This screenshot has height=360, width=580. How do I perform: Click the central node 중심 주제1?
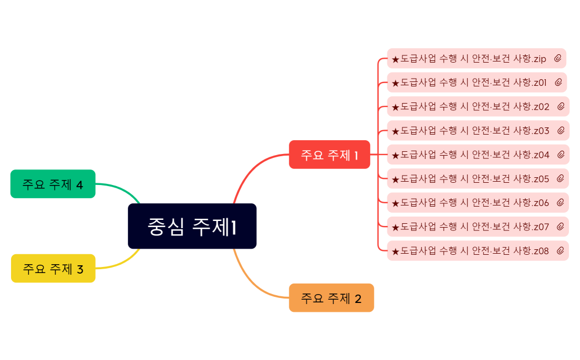(x=192, y=226)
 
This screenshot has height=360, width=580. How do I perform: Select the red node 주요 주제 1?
(x=329, y=155)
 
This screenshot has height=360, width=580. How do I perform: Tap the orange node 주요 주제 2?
(x=331, y=298)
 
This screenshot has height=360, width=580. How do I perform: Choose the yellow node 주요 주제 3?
(x=53, y=269)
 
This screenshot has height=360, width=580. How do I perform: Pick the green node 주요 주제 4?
(x=53, y=184)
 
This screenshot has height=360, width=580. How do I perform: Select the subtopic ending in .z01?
(x=469, y=83)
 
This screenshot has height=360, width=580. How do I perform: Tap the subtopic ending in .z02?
(x=470, y=106)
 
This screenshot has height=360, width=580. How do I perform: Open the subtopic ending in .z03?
(x=470, y=131)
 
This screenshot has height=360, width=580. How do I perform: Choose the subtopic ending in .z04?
(x=470, y=155)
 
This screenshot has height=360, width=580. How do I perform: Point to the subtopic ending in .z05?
(x=470, y=178)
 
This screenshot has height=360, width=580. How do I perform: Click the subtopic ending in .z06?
(x=470, y=203)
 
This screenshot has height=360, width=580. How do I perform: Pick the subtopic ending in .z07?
(x=470, y=227)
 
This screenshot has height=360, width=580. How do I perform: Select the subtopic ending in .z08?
(x=470, y=251)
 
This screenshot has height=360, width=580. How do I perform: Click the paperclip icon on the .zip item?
(x=558, y=58)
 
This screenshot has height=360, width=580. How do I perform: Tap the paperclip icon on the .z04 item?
(x=561, y=155)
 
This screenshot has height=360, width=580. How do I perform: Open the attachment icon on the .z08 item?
(x=560, y=251)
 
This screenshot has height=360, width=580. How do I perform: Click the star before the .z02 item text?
(x=395, y=107)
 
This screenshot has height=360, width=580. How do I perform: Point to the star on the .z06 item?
(x=395, y=203)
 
